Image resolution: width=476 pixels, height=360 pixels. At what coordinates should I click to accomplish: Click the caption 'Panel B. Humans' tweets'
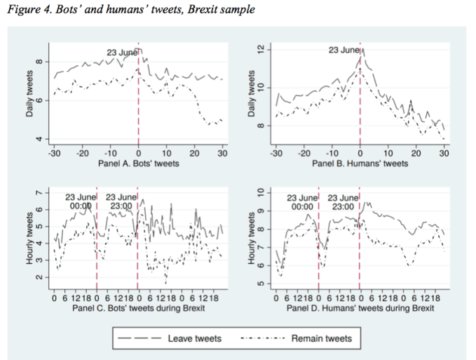[360, 164]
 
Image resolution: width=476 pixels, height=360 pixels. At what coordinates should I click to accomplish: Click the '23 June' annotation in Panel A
[123, 52]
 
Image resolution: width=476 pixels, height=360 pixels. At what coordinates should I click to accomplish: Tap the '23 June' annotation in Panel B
[344, 51]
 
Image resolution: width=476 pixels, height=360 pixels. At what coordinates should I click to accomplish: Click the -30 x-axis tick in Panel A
[53, 153]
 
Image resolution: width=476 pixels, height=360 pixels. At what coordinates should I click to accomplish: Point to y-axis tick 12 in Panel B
[261, 49]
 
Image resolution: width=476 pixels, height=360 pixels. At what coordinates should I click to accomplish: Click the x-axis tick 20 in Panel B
[416, 153]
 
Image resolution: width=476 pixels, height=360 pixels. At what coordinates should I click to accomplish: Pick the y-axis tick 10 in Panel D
[261, 192]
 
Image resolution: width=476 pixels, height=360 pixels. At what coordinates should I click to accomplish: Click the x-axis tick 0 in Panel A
[138, 153]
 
